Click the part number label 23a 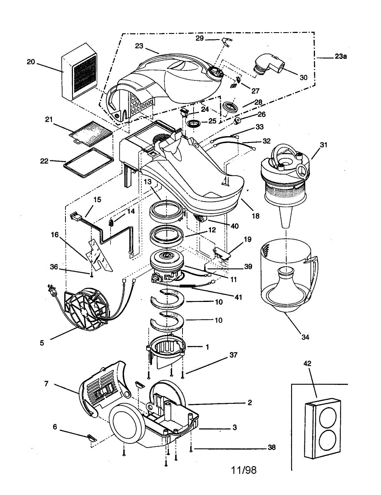click(x=341, y=57)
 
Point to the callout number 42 click(x=307, y=363)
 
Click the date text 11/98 click(x=244, y=470)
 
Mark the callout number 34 click(x=305, y=337)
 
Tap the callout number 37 click(x=234, y=355)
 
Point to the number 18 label click(x=256, y=215)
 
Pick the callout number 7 click(x=47, y=384)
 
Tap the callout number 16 click(x=55, y=235)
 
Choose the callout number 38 click(x=271, y=447)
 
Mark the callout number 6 click(x=55, y=427)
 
